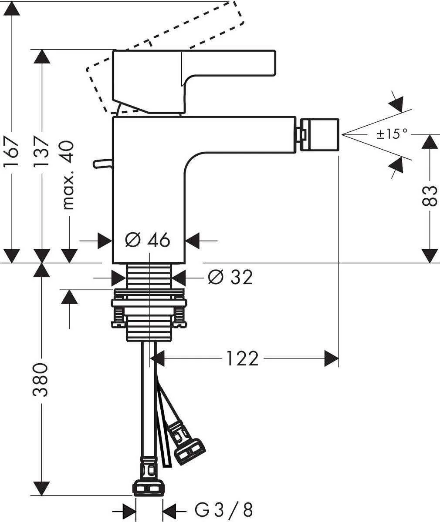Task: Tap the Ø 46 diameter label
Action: [x=147, y=240]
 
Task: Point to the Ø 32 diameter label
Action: [x=230, y=277]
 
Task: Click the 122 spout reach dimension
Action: [x=242, y=359]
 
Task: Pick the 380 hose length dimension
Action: [x=41, y=379]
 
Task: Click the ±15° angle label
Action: [x=392, y=134]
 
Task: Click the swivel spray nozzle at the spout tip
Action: [x=319, y=134]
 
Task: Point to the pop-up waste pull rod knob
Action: [x=102, y=164]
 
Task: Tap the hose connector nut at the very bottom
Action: [x=149, y=488]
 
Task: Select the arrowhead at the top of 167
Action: [x=11, y=9]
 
